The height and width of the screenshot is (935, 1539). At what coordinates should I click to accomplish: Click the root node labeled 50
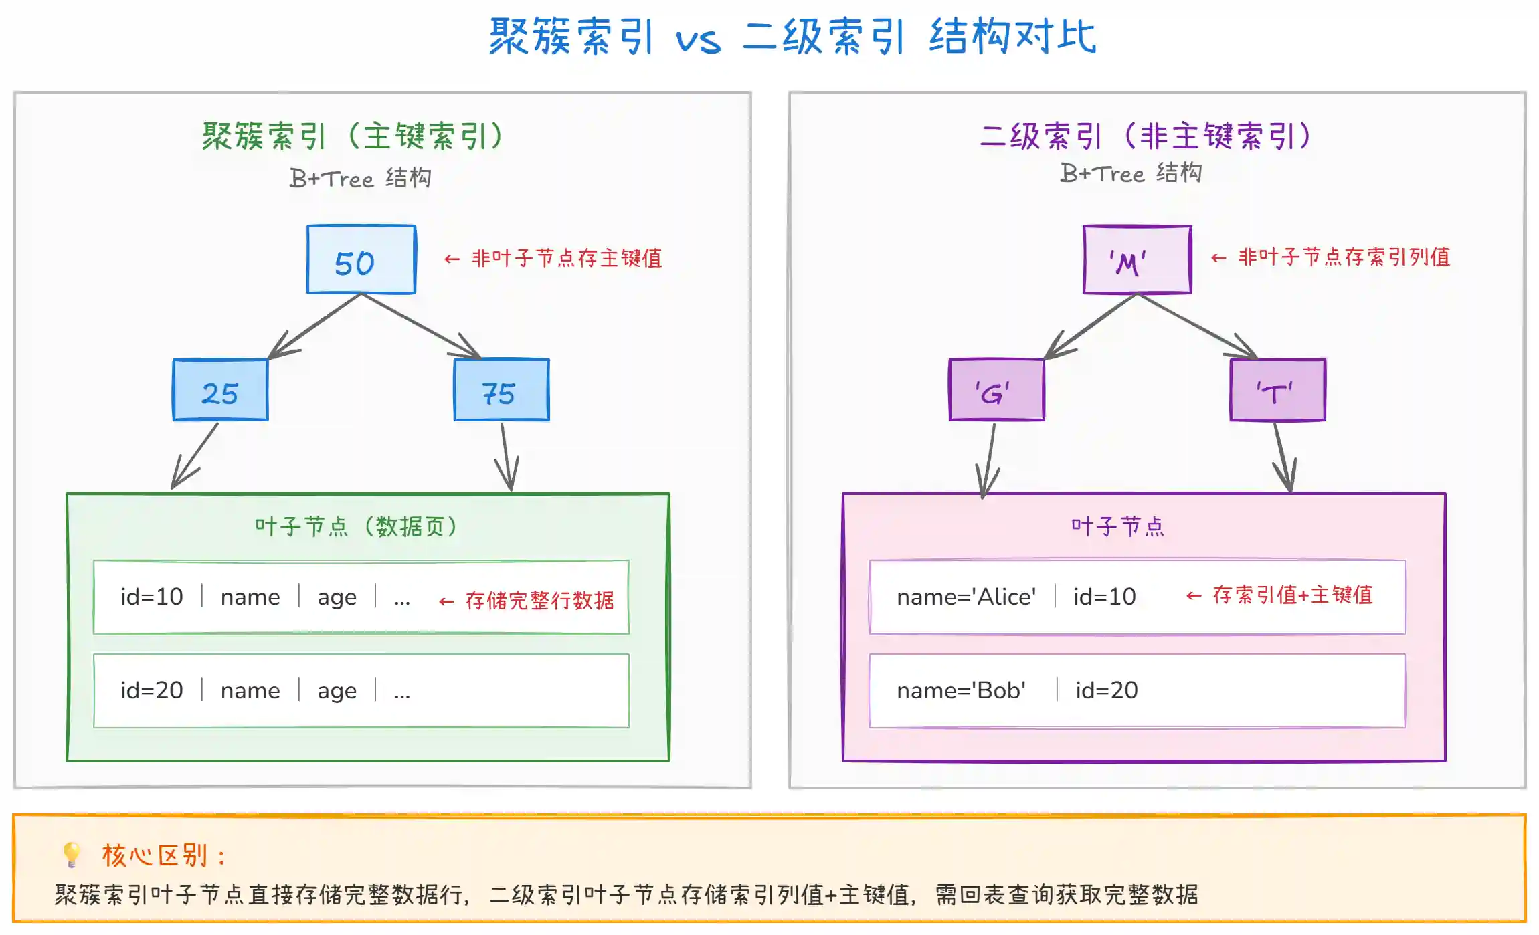point(361,259)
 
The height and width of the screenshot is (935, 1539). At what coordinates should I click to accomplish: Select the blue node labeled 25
point(220,390)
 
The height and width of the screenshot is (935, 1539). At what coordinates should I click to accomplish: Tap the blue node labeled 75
point(501,390)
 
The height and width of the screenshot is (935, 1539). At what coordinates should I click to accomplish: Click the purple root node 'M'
point(1137,259)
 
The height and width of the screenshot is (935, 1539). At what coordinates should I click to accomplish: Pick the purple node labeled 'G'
point(996,390)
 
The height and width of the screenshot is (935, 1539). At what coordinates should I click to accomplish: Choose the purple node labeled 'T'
point(1277,390)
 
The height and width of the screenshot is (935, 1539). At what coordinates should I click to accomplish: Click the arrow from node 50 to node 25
point(314,326)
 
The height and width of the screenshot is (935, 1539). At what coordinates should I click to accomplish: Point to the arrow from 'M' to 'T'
point(1198,326)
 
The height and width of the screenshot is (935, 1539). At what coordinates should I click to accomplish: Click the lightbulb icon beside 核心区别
point(71,854)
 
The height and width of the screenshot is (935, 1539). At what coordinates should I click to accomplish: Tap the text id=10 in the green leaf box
point(151,597)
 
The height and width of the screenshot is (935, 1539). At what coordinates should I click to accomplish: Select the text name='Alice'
point(966,597)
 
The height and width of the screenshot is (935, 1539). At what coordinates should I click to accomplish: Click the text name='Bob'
point(961,690)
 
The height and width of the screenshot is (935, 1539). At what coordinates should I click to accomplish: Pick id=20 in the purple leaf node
point(1106,690)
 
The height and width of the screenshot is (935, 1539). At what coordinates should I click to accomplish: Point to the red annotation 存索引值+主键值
point(1292,595)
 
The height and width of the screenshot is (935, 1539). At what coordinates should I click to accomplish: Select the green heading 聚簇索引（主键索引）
point(353,136)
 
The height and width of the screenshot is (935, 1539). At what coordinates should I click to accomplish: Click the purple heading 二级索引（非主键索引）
point(1145,136)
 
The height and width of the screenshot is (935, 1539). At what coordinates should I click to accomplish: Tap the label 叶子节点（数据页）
point(356,527)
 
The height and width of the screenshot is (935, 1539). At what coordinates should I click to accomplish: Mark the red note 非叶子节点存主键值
point(566,258)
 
